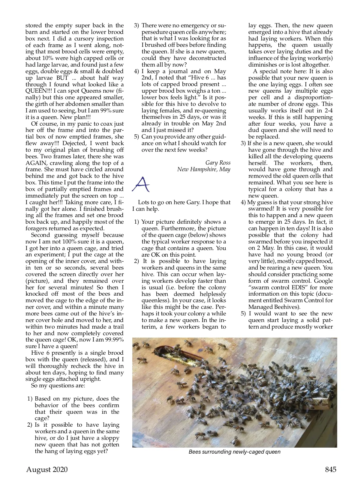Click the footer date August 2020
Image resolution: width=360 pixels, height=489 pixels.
(47, 470)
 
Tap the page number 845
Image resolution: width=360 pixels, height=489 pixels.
(331, 470)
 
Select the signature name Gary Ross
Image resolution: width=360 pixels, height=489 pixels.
(218, 163)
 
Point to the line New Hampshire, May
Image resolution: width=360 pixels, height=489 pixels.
(204, 169)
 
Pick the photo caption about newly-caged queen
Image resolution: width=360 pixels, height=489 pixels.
(234, 452)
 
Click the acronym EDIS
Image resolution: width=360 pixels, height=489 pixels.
(306, 288)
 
